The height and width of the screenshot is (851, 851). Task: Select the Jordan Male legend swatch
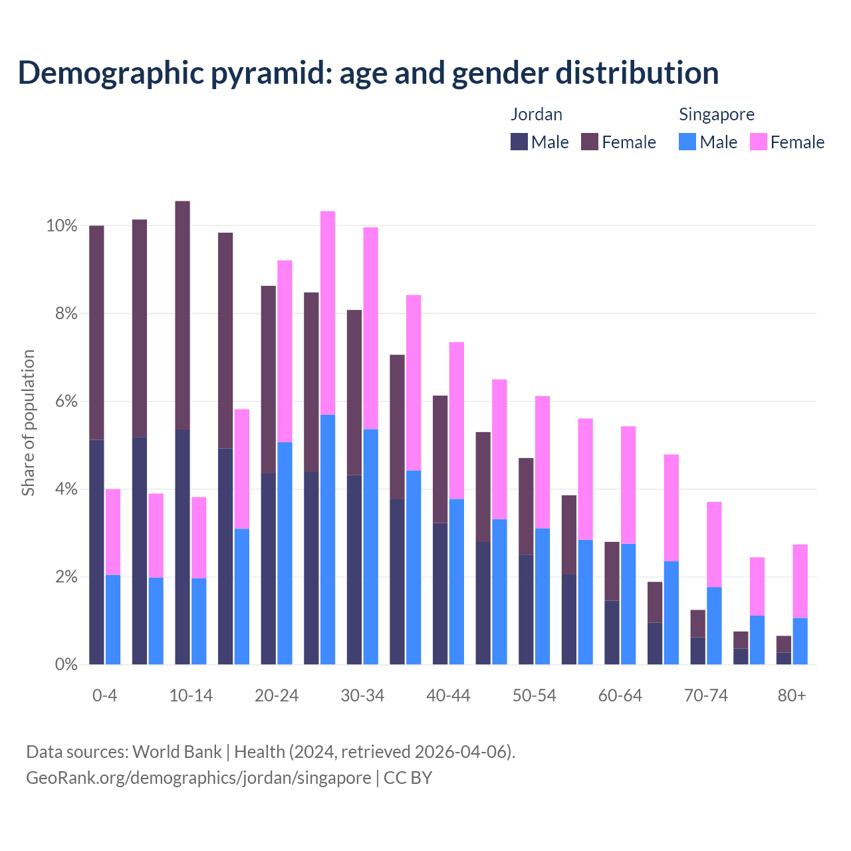[519, 142]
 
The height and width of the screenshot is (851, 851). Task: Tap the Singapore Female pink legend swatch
[758, 142]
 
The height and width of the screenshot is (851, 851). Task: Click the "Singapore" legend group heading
[716, 114]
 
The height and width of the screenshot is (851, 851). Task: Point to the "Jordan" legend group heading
[536, 114]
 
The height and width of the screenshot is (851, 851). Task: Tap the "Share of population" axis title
[28, 423]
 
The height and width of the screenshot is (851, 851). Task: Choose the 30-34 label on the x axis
[362, 695]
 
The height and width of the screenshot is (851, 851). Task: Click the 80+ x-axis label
[792, 695]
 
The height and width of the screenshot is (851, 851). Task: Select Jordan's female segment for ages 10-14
[182, 315]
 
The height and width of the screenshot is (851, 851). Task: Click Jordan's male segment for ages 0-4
[96, 552]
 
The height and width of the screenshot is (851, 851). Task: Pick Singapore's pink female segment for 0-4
[113, 532]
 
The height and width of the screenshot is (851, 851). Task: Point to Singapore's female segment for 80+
[800, 581]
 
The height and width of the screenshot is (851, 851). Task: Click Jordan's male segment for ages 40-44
[440, 593]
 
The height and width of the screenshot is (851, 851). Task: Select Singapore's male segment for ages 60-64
[628, 604]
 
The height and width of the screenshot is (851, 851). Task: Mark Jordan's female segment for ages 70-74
[697, 624]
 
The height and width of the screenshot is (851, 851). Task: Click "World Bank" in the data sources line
[177, 752]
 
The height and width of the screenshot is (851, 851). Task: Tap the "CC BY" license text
[408, 777]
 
